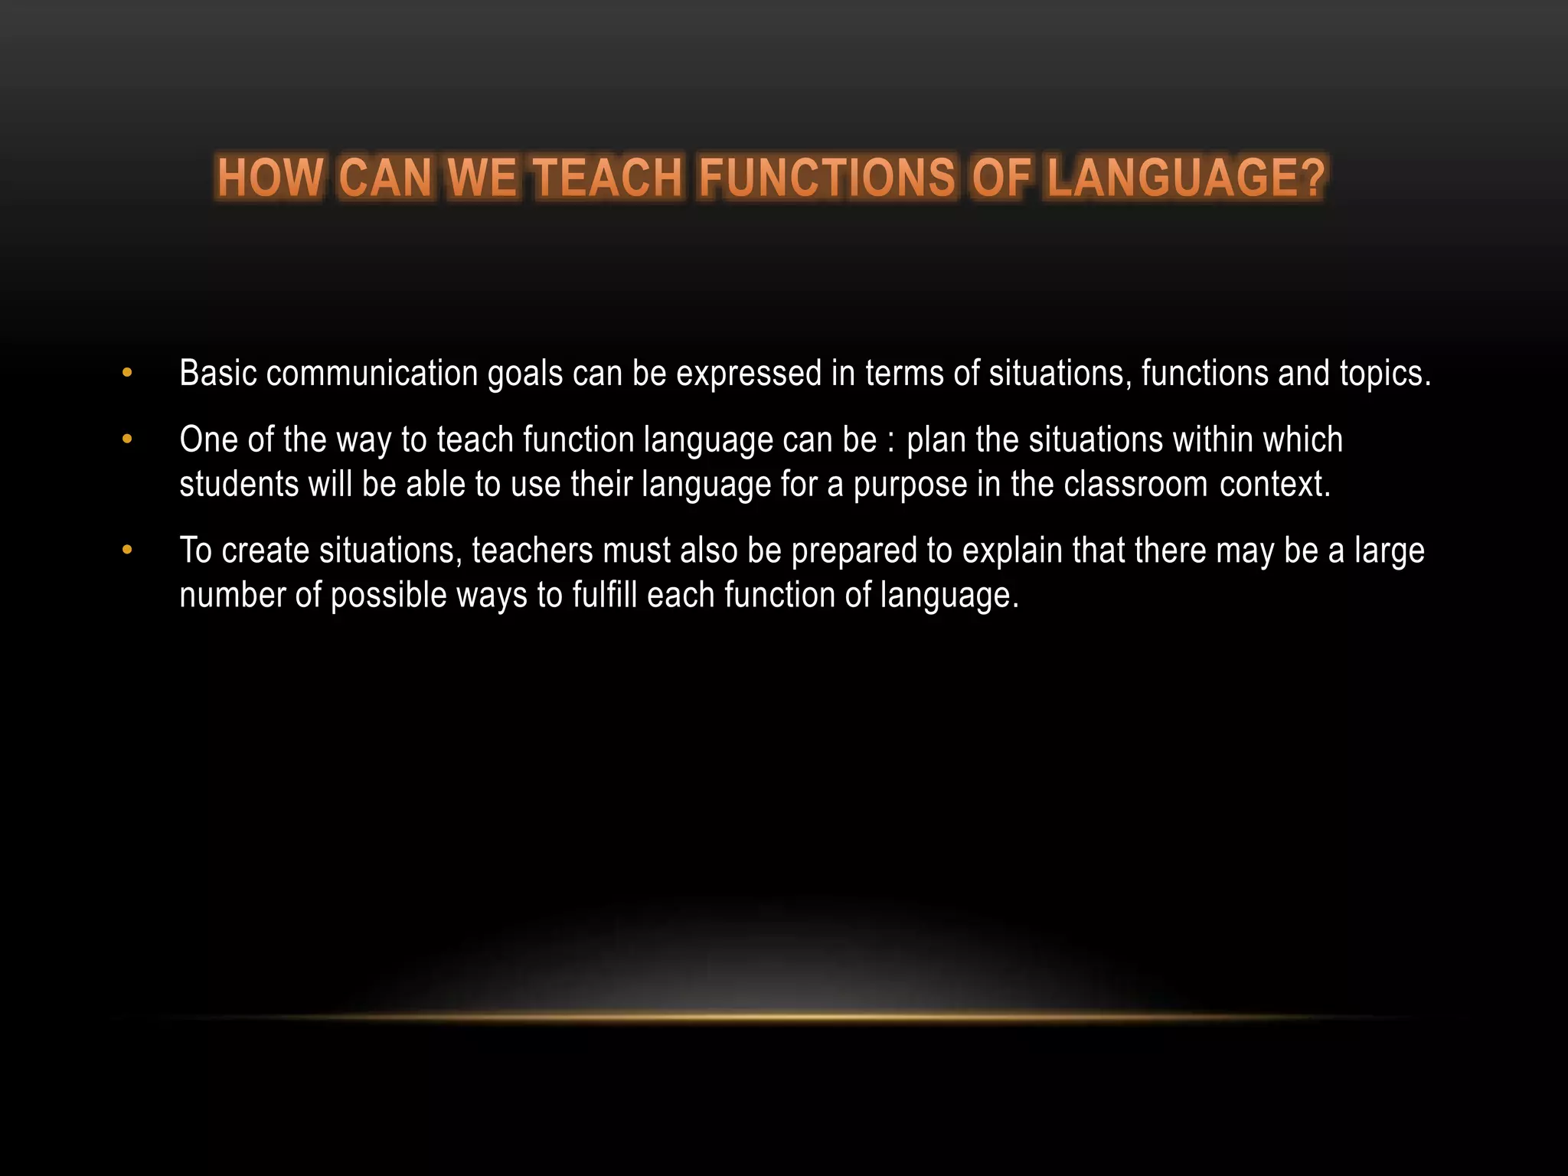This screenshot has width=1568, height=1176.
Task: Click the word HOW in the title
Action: point(270,178)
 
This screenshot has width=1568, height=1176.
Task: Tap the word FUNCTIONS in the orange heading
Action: point(827,178)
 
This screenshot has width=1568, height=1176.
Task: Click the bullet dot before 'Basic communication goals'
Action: point(127,374)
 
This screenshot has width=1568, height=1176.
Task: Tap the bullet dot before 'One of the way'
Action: point(127,440)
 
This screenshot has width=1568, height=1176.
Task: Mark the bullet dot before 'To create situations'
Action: point(127,551)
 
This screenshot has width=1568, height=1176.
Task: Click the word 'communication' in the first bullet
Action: point(372,374)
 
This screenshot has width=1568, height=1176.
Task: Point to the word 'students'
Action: point(239,484)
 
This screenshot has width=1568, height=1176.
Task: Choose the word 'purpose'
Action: point(910,485)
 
